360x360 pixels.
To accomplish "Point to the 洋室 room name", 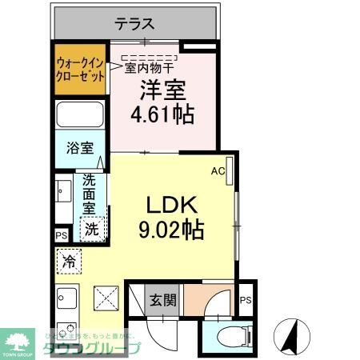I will coord(162,90).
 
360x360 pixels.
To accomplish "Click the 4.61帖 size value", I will coord(162,114).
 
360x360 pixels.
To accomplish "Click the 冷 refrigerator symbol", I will coord(70,262).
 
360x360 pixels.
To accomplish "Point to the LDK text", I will coord(170,203).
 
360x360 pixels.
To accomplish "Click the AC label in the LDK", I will coord(217,170).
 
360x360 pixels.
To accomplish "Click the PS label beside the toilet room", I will coord(246,300).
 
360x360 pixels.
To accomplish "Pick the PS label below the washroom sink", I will coord(62,235).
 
